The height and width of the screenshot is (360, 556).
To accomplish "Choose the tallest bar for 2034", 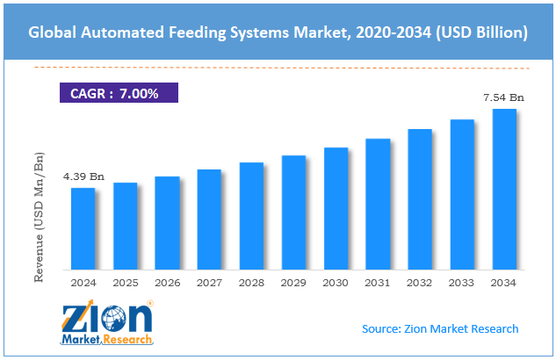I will pos(504,189).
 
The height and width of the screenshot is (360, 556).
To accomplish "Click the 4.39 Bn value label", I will pos(83,176).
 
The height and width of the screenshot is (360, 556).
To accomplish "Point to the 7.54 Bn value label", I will pos(503,97).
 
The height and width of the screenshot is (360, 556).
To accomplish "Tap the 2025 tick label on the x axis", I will pos(125,283).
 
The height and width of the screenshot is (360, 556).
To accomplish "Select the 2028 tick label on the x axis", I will pos(251,283).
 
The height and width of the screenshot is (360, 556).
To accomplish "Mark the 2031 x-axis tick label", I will pos(378,283).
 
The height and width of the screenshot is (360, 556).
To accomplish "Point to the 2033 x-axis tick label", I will pos(462,283).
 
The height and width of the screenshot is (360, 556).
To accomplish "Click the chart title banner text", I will pos(278,33).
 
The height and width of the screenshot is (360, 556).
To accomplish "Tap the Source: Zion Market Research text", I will pos(440,328).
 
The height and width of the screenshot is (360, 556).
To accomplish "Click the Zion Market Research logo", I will pos(106,322).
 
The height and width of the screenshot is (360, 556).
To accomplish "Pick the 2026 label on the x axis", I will pos(167,283).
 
